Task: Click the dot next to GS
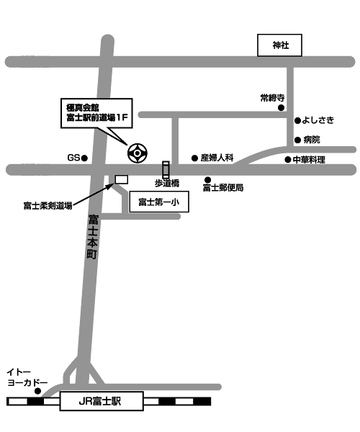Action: coord(84,158)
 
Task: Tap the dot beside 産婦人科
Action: coord(194,158)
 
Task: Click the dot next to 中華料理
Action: coord(288,160)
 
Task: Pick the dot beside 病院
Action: coord(297,140)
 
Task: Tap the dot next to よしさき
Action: coord(297,121)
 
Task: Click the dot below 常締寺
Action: coord(281,108)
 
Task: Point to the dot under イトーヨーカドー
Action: coord(37,391)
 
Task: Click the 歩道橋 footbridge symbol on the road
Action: coord(166,170)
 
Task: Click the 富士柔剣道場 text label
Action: coord(48,205)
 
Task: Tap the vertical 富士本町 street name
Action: coord(93,237)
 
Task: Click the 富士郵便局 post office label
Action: coord(223,188)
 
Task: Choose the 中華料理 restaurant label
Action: coord(309,160)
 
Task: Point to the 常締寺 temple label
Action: coord(272,98)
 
